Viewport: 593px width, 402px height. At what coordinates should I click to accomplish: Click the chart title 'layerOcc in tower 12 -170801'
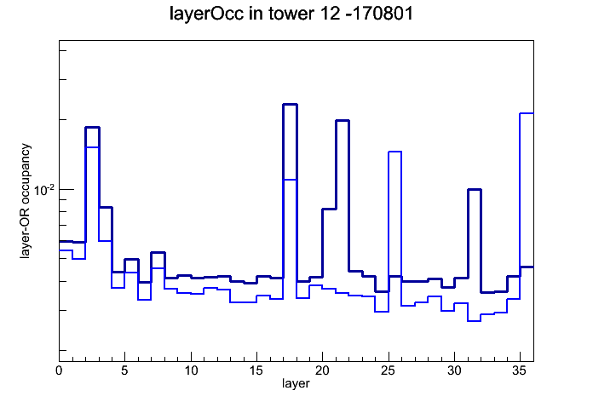point(291,14)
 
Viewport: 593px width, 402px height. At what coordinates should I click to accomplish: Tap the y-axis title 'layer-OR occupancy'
point(25,201)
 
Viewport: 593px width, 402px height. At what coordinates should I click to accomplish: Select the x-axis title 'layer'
point(296,383)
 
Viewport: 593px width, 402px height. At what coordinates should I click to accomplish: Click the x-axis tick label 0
point(59,370)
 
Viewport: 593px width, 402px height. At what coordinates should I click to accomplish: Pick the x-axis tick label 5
point(124,370)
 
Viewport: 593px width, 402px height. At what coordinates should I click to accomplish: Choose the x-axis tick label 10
point(191,370)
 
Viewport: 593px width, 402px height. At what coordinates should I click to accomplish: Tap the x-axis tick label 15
point(256,370)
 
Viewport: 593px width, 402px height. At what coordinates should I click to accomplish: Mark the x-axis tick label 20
point(323,370)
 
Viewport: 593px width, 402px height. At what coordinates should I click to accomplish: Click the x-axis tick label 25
point(389,370)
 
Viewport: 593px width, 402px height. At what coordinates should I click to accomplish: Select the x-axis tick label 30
point(454,370)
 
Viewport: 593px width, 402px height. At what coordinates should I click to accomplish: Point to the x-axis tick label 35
point(520,370)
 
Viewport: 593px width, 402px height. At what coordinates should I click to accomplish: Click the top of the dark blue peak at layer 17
point(290,105)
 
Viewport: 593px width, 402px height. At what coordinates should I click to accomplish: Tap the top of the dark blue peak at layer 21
point(343,121)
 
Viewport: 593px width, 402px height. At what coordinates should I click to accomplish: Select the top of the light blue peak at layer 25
point(394,152)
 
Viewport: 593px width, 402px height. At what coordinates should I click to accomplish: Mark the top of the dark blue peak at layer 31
point(475,189)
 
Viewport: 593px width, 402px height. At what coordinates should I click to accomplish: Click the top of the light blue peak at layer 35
point(527,113)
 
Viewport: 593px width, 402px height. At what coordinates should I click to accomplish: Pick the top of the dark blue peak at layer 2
point(92,128)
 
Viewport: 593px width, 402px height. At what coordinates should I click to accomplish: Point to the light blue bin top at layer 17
point(290,179)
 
